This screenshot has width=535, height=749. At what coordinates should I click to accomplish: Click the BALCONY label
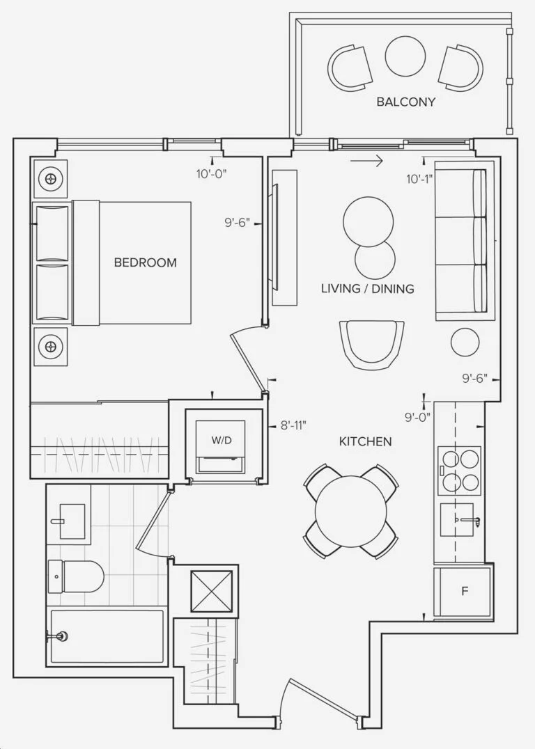406,102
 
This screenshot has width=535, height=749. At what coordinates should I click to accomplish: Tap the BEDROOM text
146,262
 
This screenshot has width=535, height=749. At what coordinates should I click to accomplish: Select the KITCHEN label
365,441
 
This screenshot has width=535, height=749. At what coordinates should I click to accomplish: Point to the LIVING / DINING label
367,288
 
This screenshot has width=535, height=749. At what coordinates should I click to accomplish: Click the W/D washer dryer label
222,440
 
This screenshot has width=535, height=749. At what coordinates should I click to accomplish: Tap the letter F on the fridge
464,592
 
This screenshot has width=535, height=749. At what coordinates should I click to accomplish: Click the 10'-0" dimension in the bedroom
211,174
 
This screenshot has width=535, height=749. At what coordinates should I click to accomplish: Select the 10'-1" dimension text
420,179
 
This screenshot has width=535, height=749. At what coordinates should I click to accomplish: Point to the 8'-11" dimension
293,425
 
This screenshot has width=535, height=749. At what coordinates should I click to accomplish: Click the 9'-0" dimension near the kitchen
417,417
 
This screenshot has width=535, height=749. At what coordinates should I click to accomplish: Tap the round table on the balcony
405,56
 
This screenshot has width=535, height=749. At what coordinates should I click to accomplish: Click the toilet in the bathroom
75,576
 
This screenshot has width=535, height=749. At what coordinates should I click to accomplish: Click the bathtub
107,636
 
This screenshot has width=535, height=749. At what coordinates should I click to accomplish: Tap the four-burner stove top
460,471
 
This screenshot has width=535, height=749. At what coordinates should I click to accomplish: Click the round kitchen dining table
350,511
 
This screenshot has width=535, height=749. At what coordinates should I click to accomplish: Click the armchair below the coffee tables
371,343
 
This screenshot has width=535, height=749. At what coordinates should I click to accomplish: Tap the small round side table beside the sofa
465,342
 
